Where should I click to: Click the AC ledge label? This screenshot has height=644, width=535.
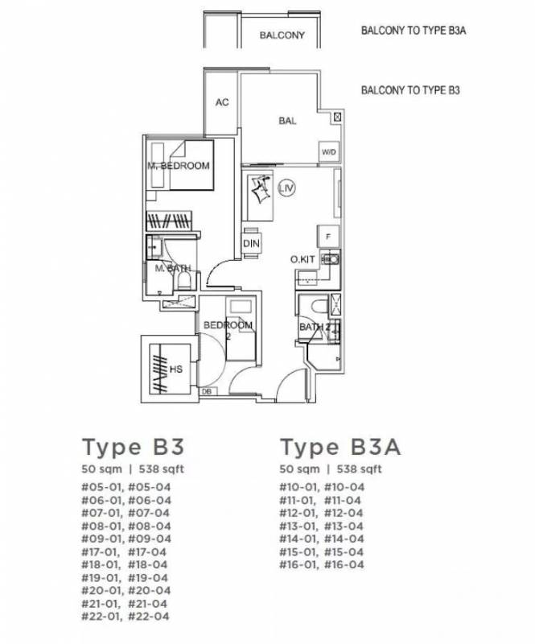222,102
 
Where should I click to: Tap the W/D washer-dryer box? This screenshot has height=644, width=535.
329,152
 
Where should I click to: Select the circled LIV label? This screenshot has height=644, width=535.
286,188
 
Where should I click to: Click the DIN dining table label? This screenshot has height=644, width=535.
251,244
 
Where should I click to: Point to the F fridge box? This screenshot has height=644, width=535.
328,236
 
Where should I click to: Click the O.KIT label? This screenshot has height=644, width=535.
302,259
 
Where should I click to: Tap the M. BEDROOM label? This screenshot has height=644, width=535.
179,166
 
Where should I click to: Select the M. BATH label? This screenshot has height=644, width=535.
173,269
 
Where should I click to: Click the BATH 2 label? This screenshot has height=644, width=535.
315,328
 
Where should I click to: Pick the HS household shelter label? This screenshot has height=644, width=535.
176,369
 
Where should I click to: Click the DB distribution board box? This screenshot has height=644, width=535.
207,392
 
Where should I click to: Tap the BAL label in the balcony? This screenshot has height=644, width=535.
287,121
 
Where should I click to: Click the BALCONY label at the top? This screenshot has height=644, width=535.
282,35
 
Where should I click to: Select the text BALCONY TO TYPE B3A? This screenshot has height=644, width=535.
414,31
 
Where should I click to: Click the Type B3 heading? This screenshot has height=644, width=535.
133,447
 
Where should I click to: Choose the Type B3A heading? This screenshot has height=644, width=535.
340,447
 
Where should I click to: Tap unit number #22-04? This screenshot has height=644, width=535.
149,616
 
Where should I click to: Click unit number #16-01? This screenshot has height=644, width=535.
298,564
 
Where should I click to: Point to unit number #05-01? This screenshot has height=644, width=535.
101,487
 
